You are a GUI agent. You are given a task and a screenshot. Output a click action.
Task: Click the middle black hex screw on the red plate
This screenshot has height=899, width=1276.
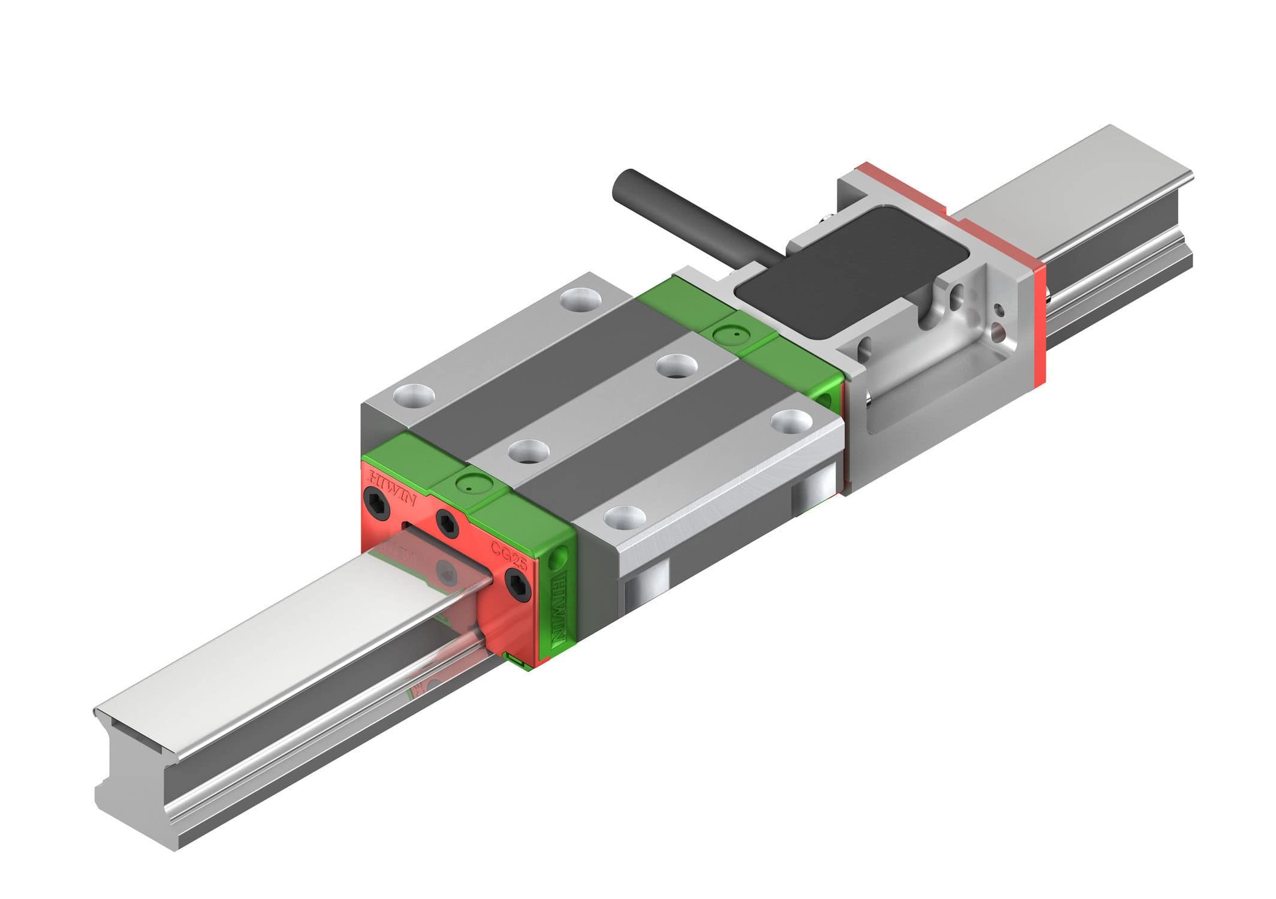pos(447,524)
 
